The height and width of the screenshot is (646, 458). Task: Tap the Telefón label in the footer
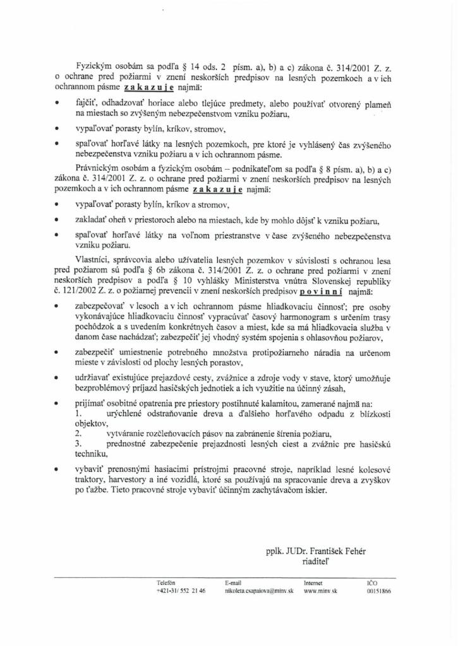pos(166,583)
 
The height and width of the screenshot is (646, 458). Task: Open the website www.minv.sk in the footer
pos(320,592)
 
